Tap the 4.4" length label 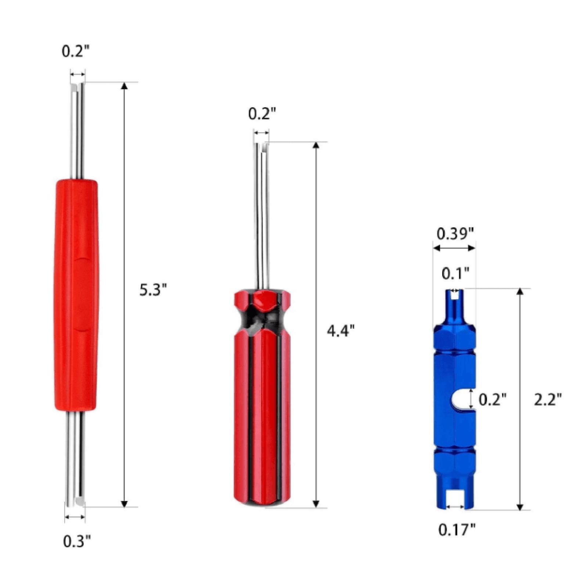(x=340, y=331)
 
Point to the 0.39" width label (x=455, y=233)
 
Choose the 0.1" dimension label (x=455, y=274)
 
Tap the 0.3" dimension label (x=77, y=541)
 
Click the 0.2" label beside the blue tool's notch (x=493, y=399)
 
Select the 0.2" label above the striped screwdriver (x=262, y=114)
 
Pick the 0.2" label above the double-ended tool (x=76, y=52)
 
